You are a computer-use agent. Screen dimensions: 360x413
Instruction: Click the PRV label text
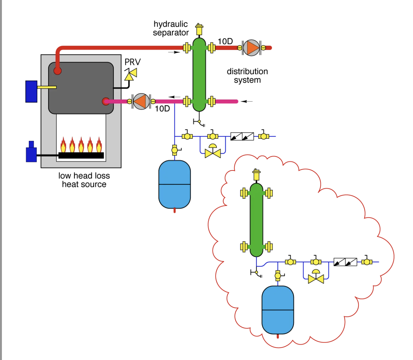coord(132,62)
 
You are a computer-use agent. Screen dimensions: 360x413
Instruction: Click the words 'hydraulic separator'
coord(171,28)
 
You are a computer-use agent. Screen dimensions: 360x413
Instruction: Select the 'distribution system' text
coord(247,75)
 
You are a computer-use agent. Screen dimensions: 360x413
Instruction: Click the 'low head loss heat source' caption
coord(84,180)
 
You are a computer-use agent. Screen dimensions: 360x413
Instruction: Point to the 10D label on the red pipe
coord(225,41)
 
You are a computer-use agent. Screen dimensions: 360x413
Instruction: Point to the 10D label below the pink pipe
coord(162,109)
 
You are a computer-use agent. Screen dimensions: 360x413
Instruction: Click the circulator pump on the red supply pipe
coord(251,48)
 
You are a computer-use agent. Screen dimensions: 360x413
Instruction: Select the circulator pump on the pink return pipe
coord(141,101)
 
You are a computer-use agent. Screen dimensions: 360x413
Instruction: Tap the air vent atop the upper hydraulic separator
coord(199,29)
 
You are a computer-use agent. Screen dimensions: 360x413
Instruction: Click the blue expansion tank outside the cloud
coord(175,184)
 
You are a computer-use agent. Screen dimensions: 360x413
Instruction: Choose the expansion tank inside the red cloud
coord(278,310)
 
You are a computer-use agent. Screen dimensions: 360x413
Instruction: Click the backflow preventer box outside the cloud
coord(242,137)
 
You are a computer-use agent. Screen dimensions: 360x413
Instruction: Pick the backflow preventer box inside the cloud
coord(345,262)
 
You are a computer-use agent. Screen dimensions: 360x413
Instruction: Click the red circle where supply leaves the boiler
coord(57,70)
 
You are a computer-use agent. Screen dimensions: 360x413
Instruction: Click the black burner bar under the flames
coord(81,155)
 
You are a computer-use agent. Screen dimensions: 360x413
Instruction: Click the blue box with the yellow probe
coord(31,92)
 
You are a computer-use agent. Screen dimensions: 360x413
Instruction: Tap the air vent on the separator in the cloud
coord(256,175)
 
